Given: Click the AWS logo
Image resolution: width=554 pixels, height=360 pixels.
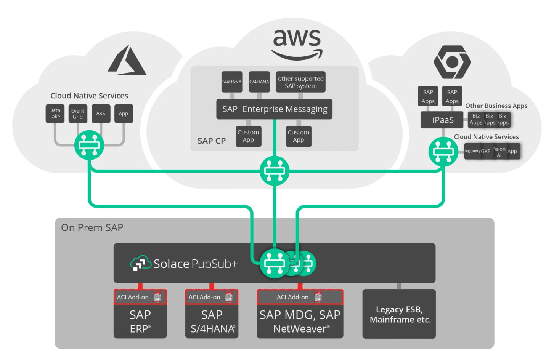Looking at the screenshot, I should click(x=297, y=44).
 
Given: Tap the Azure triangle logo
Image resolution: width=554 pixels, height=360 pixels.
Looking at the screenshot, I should click(x=127, y=61).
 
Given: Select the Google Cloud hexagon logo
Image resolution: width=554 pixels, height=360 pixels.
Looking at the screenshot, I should click(x=452, y=62).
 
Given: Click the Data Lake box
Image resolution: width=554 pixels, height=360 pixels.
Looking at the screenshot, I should click(x=55, y=114).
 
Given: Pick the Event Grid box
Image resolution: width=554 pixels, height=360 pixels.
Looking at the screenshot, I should click(x=77, y=114).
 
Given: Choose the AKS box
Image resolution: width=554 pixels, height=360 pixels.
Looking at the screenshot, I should click(x=101, y=114).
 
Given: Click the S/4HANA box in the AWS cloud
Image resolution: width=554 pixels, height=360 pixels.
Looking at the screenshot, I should click(x=232, y=82).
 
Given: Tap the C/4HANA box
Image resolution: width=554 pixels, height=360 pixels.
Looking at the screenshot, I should click(x=259, y=82).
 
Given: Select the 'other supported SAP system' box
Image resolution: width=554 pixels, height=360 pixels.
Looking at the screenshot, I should click(x=300, y=82).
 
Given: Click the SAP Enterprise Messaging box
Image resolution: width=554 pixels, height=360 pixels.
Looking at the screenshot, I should click(x=274, y=109).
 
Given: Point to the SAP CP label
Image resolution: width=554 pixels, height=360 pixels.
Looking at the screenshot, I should click(x=211, y=141).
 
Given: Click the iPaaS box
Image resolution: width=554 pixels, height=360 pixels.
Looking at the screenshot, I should click(x=442, y=120).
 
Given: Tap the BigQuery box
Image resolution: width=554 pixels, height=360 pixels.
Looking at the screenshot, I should click(x=472, y=151).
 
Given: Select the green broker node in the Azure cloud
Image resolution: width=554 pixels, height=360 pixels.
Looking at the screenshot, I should click(x=89, y=145).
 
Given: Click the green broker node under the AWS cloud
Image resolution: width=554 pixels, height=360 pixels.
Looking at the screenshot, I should click(x=275, y=171).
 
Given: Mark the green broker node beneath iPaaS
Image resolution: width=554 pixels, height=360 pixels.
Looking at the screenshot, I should click(x=443, y=152).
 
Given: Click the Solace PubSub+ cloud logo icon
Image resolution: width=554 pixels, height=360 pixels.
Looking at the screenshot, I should click(x=140, y=263).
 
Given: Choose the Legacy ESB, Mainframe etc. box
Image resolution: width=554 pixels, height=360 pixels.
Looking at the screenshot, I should click(x=399, y=314).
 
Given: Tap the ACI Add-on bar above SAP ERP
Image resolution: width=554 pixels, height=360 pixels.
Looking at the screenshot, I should click(x=140, y=297).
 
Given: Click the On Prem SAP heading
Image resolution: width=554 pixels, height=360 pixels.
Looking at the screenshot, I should click(x=92, y=228).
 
